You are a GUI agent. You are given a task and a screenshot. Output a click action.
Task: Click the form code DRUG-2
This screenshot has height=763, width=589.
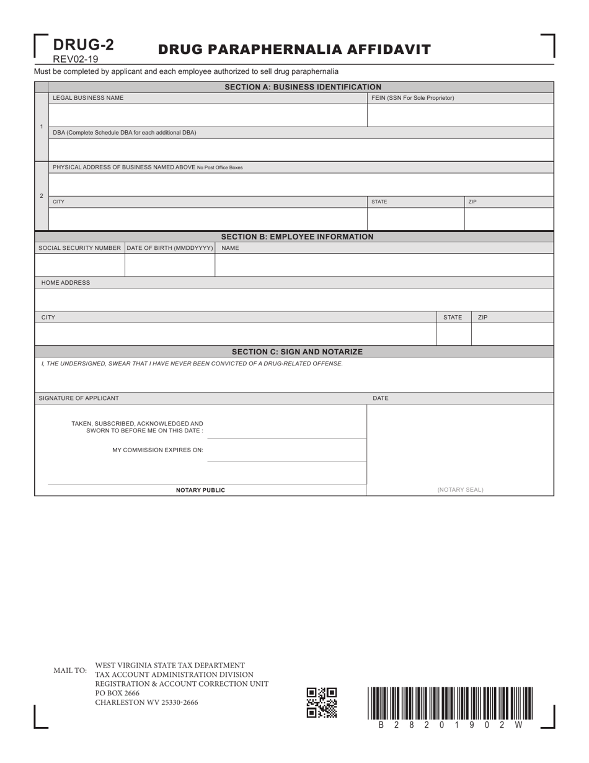[x=83, y=45]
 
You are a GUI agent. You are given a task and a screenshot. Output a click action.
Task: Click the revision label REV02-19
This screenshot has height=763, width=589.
[x=75, y=60]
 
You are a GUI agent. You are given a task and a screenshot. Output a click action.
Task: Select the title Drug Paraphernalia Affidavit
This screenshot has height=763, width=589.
[x=294, y=50]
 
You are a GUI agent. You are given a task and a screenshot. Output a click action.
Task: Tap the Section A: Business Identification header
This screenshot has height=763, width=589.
[x=303, y=87]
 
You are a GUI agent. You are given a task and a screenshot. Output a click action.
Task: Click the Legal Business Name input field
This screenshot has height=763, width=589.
[x=207, y=115]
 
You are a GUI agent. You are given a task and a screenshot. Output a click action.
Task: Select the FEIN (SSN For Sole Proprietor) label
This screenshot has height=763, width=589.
[x=412, y=98]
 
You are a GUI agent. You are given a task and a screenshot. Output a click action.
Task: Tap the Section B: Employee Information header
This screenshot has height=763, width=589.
[x=297, y=237]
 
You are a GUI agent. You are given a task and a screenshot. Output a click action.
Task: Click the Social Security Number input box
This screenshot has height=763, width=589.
[x=79, y=265]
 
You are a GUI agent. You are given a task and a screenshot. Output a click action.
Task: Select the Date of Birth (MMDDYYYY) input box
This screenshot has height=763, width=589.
[x=170, y=265]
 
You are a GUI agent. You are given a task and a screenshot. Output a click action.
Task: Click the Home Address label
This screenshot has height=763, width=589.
[x=66, y=283]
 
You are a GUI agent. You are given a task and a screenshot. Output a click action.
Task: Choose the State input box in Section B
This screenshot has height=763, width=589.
[x=454, y=334]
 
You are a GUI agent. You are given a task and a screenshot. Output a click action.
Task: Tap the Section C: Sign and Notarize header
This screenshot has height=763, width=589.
[x=297, y=352]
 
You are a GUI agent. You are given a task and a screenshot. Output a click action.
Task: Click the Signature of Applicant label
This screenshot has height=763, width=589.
[x=79, y=398]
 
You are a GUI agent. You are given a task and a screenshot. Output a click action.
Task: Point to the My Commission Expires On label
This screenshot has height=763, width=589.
[x=157, y=450]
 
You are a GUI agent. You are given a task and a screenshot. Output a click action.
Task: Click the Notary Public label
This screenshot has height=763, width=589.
[x=200, y=490]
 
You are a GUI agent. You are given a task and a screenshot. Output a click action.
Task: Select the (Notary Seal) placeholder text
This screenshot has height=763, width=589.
[x=460, y=489]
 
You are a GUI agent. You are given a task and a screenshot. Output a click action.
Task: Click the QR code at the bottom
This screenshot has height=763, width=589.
[x=322, y=702]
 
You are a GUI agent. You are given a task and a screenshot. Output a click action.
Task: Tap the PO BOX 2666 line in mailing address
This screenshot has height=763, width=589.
[x=117, y=693]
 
